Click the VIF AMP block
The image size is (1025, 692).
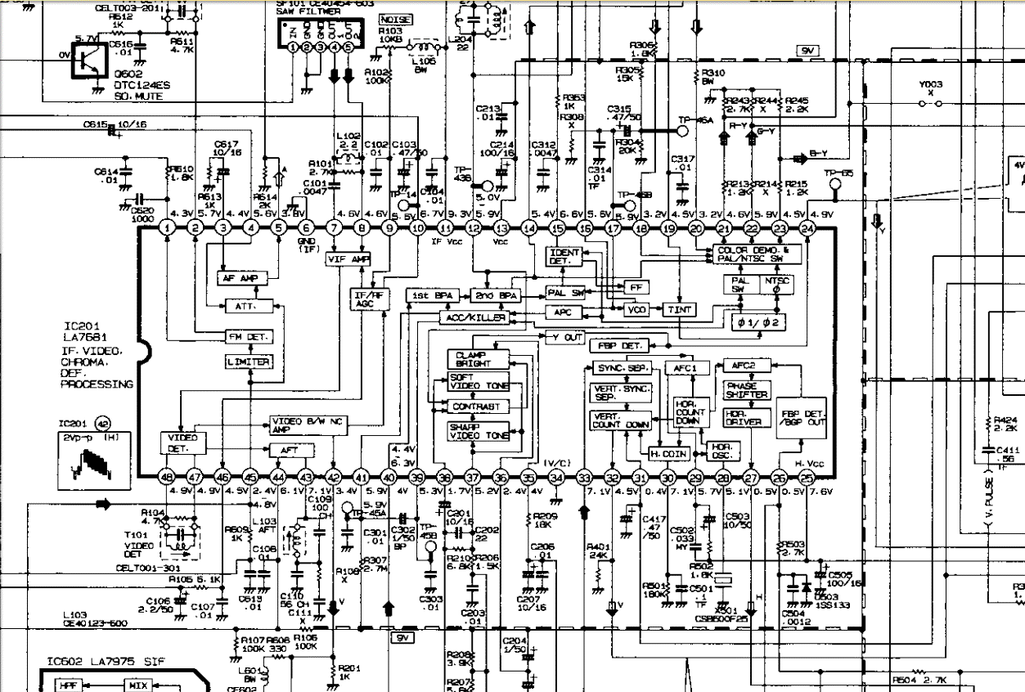[x=349, y=258]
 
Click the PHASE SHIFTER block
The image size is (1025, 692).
[x=747, y=390]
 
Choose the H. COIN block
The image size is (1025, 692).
[x=668, y=452]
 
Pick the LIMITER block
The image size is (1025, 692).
[x=249, y=362]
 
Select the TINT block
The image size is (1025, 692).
[x=678, y=310]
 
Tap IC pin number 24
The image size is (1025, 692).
[x=808, y=228]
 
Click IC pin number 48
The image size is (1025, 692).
[x=167, y=478]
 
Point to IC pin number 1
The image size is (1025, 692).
[x=167, y=228]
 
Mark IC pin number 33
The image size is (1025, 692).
[x=584, y=478]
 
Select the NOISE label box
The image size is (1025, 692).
[x=396, y=19]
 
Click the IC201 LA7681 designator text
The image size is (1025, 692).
[x=85, y=331]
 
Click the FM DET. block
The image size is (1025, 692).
[x=249, y=337]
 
